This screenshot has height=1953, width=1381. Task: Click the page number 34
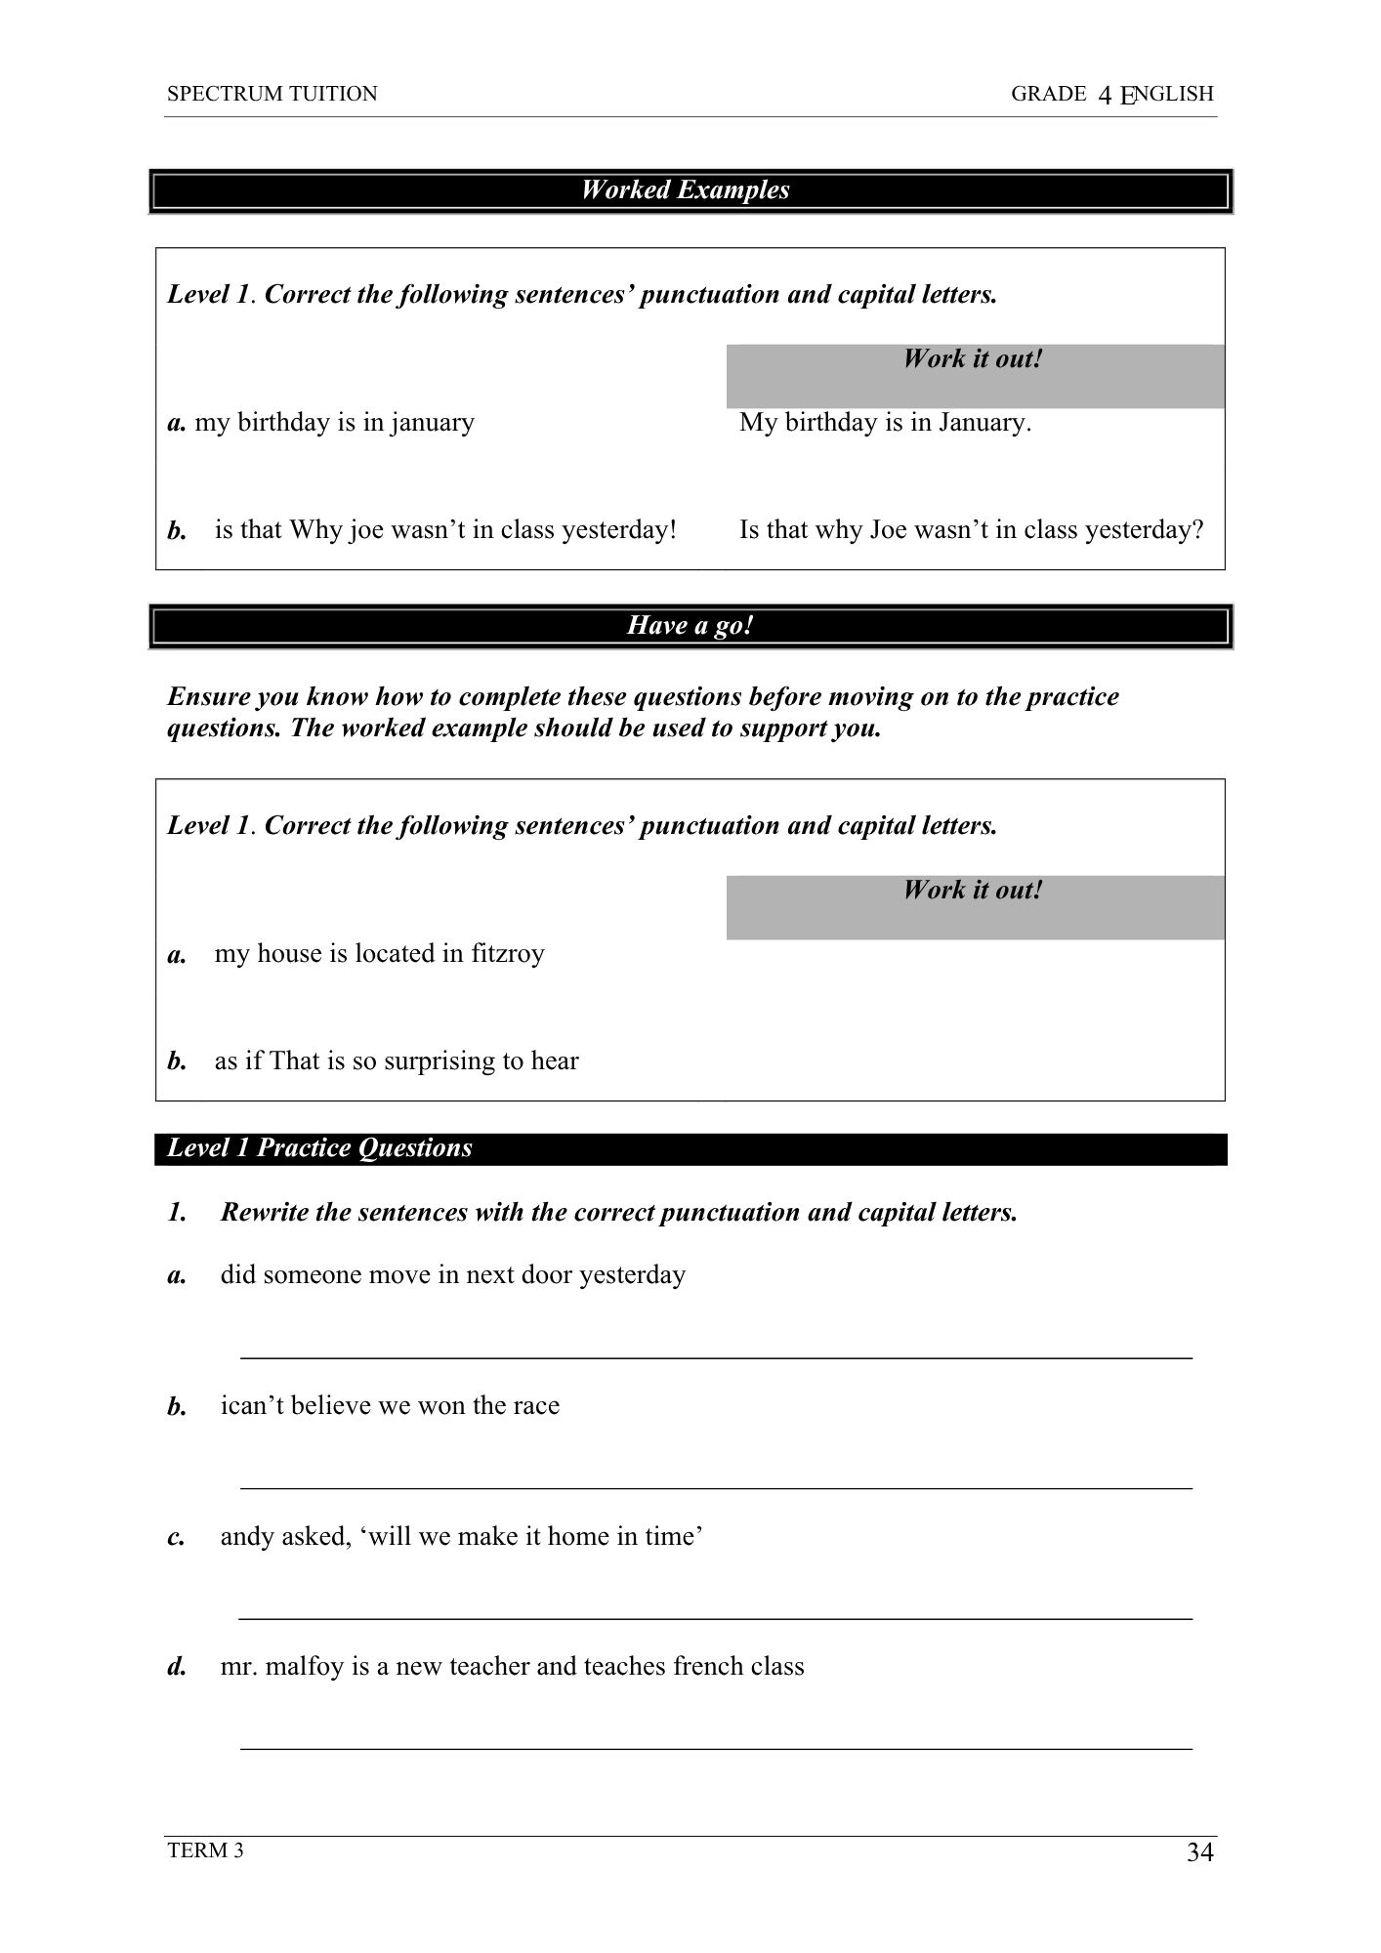[x=1199, y=1852]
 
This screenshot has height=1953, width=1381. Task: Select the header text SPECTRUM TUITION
[x=272, y=94]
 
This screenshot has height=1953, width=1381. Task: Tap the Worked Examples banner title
[x=685, y=189]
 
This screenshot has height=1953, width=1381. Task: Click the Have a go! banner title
[x=690, y=625]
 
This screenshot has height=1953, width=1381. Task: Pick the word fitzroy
[x=507, y=954]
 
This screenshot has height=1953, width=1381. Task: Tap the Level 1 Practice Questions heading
[x=319, y=1148]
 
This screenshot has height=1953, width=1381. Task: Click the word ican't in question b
[x=252, y=1406]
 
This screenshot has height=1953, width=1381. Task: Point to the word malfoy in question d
[x=305, y=1667]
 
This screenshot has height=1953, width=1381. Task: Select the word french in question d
[x=705, y=1667]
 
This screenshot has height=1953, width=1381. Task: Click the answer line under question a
[x=715, y=1357]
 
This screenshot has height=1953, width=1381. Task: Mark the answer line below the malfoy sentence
[x=715, y=1748]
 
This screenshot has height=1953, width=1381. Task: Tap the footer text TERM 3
[x=205, y=1850]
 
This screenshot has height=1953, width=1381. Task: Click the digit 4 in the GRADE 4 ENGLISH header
[x=1105, y=95]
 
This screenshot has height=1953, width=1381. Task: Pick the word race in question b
[x=536, y=1406]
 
